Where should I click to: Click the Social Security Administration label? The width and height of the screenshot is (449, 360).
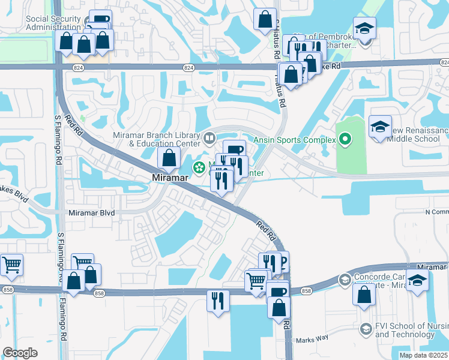pos(53,23)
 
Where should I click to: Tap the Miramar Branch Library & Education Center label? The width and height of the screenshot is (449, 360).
pos(156,139)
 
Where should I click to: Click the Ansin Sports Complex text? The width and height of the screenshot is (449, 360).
pos(294,140)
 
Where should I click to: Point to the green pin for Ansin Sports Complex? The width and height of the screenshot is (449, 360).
pos(345,140)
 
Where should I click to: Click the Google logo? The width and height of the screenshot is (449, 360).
pos(19,353)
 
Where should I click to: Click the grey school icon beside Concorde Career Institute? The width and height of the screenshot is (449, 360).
pos(345,280)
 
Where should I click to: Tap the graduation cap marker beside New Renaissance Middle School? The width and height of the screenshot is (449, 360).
pos(380,127)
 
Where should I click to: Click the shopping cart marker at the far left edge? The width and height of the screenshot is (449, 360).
pos(11,265)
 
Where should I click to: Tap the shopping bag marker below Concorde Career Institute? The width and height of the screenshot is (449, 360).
pos(364,295)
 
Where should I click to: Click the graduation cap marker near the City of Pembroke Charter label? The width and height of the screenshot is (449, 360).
pos(363,29)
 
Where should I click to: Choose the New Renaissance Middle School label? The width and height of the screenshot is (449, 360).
pos(419,135)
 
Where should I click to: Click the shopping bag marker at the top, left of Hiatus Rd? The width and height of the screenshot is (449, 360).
pos(265,20)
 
